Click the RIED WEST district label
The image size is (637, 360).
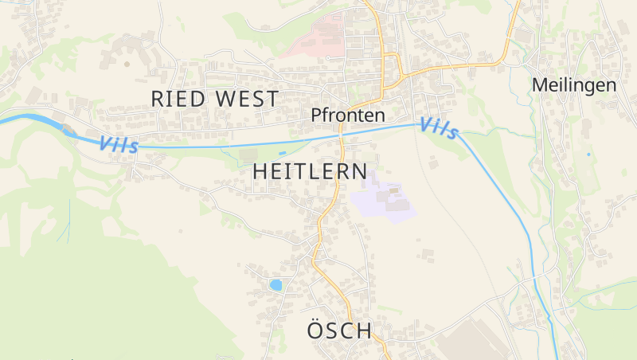(214, 100)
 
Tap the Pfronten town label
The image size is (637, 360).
(348, 115)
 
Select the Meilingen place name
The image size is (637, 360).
(573, 85)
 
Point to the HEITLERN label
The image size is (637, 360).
(310, 171)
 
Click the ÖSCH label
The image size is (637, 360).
(339, 331)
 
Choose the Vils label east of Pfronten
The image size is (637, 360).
(439, 127)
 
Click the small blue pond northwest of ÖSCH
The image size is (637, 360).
(276, 284)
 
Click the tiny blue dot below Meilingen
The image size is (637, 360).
(588, 154)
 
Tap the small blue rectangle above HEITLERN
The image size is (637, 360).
(282, 152)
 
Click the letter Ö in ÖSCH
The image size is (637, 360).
(315, 331)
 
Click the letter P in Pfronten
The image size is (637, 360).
(316, 115)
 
